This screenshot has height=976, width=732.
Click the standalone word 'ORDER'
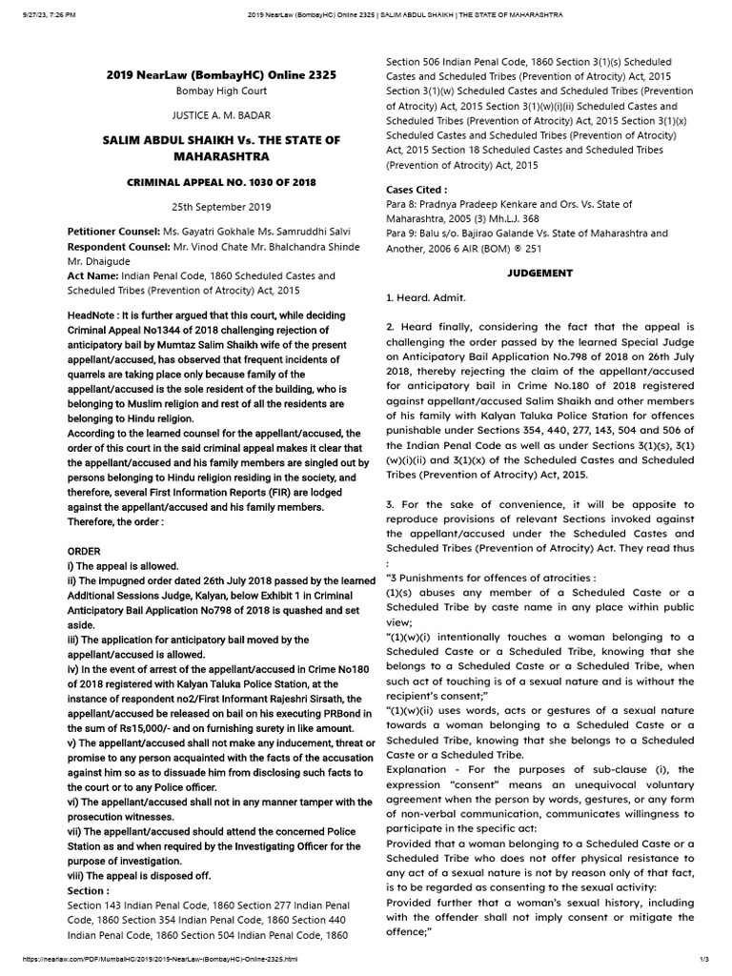tap(85, 552)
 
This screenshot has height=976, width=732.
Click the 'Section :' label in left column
tap(88, 889)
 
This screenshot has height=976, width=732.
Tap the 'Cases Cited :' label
tap(417, 190)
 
